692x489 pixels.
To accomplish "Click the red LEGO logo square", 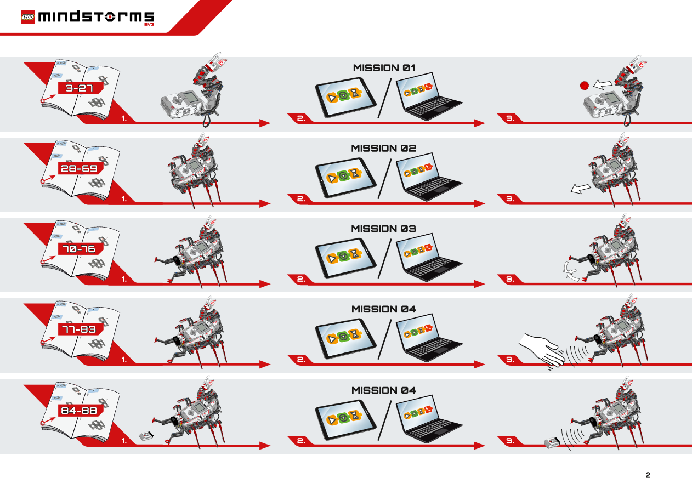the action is [x=28, y=17].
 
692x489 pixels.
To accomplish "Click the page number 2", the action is [x=648, y=475].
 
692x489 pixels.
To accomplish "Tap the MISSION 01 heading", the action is [x=384, y=67].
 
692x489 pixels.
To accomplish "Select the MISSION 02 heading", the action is [x=383, y=148].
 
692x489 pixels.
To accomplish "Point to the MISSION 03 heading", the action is [x=383, y=229].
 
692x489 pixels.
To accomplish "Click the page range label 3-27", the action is [x=80, y=88].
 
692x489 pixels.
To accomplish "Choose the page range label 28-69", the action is [x=80, y=168].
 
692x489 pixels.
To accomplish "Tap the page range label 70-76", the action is [x=80, y=249].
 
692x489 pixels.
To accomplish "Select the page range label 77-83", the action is [x=80, y=329].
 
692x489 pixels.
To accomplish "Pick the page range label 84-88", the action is [x=80, y=411].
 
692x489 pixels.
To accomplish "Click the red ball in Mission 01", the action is [x=584, y=86].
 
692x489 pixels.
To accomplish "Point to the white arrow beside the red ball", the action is [x=603, y=84].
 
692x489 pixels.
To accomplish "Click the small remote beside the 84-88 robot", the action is [x=146, y=436].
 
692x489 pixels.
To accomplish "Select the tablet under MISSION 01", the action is [x=345, y=97].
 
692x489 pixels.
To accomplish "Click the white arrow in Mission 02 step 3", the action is [x=580, y=188].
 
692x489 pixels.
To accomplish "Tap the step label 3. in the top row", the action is [x=510, y=118].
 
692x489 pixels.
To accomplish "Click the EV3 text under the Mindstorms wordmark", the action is [x=149, y=25].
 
